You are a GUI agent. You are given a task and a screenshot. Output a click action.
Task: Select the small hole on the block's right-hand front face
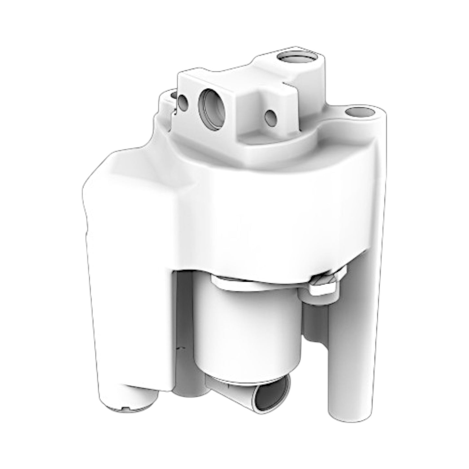[270, 118]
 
